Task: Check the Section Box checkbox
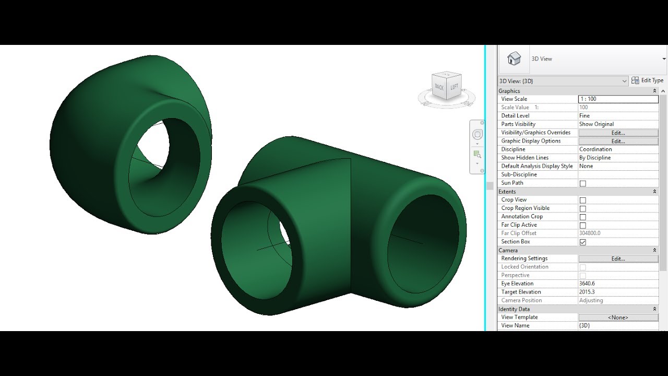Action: tap(582, 242)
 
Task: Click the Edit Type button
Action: tap(647, 80)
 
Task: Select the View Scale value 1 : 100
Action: tap(618, 99)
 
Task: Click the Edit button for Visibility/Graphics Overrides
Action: tap(618, 133)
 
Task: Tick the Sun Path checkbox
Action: tap(582, 183)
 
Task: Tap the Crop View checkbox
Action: tap(582, 200)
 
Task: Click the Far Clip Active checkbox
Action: tap(582, 225)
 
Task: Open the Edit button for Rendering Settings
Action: tap(618, 258)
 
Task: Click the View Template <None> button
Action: tap(618, 317)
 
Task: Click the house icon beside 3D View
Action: tap(514, 58)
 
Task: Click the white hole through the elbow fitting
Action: tap(153, 143)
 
